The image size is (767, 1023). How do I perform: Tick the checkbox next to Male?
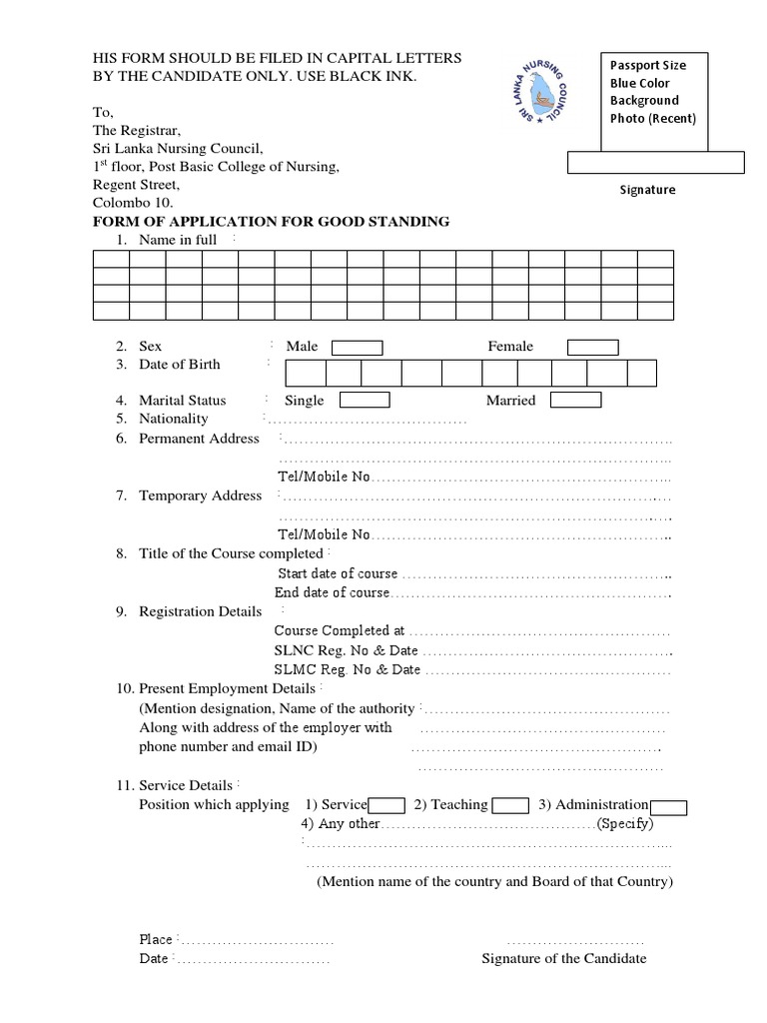pos(357,348)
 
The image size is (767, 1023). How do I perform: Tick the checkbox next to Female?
pos(593,348)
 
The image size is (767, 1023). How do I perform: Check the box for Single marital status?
pos(365,401)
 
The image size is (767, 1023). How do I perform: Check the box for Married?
pos(576,401)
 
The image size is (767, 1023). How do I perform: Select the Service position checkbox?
pos(386,806)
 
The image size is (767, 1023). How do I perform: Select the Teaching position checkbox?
pos(511,806)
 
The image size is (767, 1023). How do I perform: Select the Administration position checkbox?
pos(668,808)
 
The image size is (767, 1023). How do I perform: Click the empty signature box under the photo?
pos(656,162)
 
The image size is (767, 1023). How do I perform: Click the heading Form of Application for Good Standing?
pos(271,222)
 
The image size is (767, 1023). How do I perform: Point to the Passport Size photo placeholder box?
pos(655,93)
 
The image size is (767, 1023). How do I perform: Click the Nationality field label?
pos(174,419)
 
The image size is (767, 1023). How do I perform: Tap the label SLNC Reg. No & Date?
pos(347,650)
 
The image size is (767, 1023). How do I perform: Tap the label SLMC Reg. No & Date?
pos(348,669)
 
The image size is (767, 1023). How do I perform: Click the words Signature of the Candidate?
pos(563,959)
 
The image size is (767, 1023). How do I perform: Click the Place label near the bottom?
pos(156,940)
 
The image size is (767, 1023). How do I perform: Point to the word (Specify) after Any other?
pos(625,824)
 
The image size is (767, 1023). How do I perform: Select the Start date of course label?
pos(338,573)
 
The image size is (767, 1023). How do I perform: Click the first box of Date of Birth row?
pos(306,374)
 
